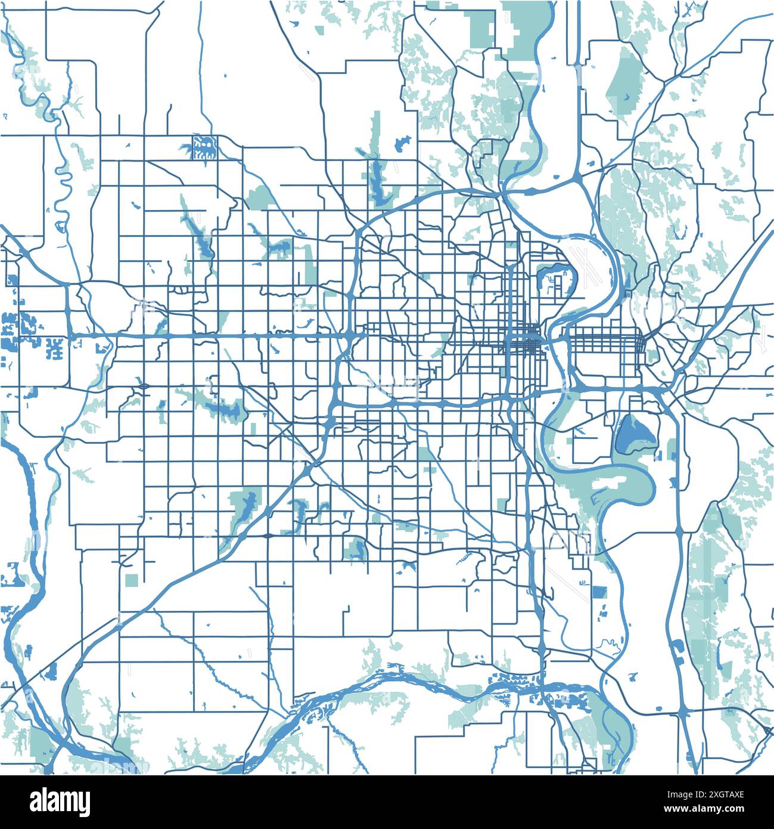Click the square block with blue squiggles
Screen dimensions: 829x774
click(204, 147)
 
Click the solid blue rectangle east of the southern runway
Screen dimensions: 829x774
click(599, 592)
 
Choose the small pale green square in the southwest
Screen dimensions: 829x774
click(132, 579)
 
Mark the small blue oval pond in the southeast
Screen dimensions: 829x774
click(659, 708)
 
